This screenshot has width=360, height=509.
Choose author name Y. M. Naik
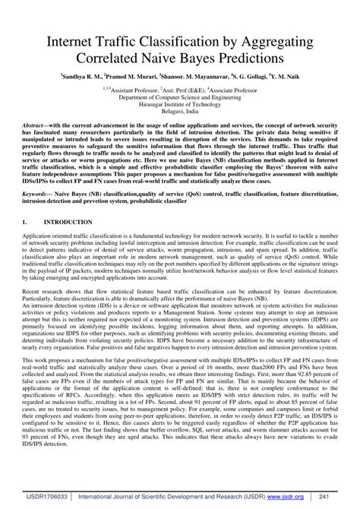[x=293, y=77]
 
